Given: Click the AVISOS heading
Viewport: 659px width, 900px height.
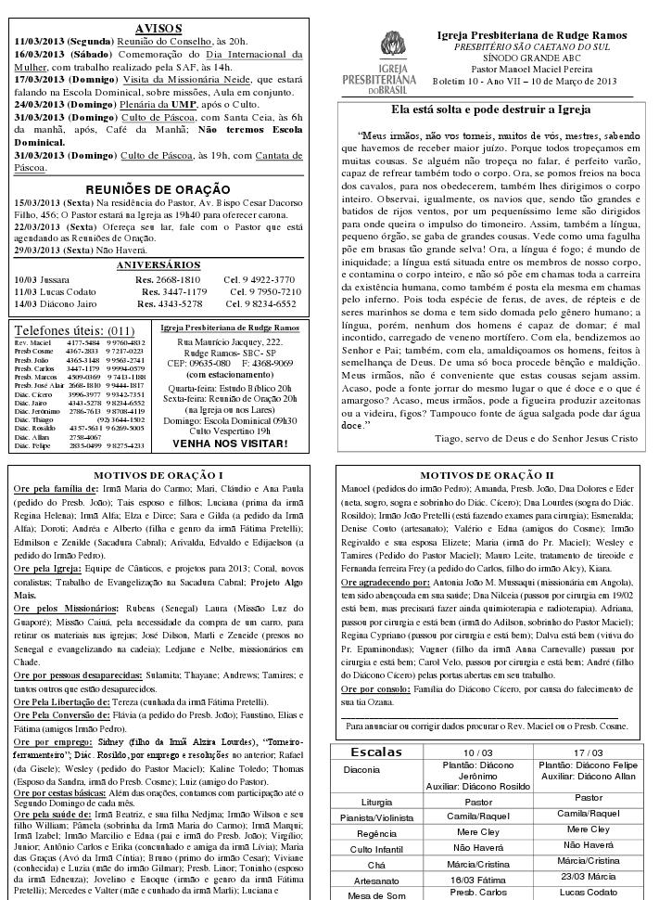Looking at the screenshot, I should tap(158, 28).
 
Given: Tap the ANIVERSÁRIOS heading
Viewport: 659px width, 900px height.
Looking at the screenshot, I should tap(158, 265).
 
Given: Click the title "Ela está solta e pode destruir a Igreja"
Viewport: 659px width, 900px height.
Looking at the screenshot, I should tap(489, 109).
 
